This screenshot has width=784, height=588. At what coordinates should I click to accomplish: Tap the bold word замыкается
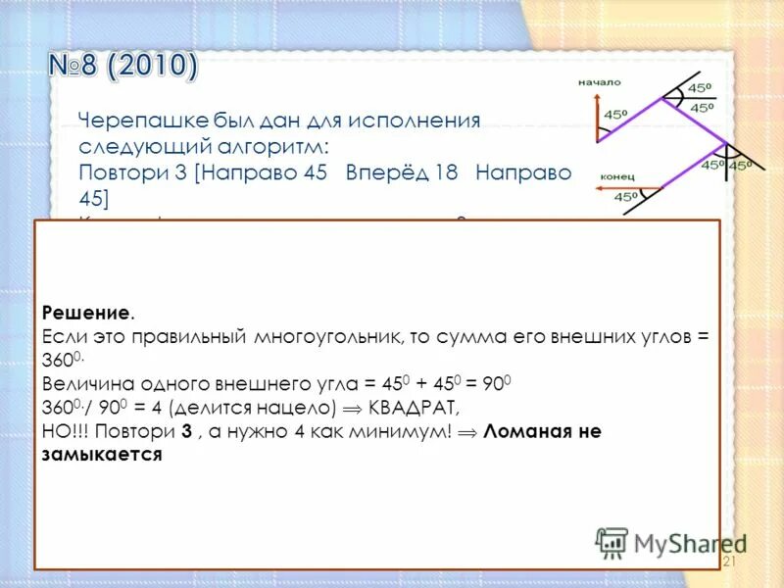pyautogui.click(x=102, y=454)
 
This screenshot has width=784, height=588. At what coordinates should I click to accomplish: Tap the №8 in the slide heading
pyautogui.click(x=76, y=68)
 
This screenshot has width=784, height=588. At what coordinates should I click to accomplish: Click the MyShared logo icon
pyautogui.click(x=612, y=543)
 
